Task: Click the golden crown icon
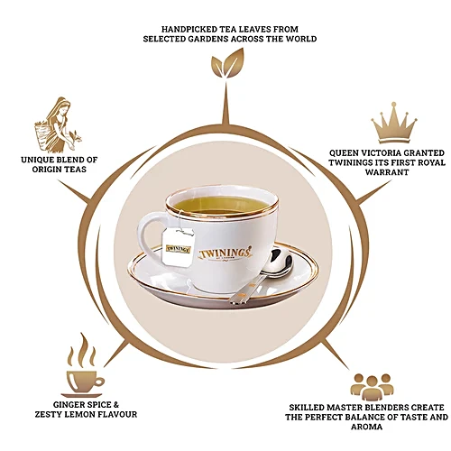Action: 394,124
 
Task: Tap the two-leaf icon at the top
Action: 227,64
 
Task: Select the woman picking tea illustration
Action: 57,124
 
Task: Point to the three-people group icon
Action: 372,387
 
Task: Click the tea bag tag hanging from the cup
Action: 179,247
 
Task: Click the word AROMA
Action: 366,427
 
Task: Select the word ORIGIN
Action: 45,170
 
